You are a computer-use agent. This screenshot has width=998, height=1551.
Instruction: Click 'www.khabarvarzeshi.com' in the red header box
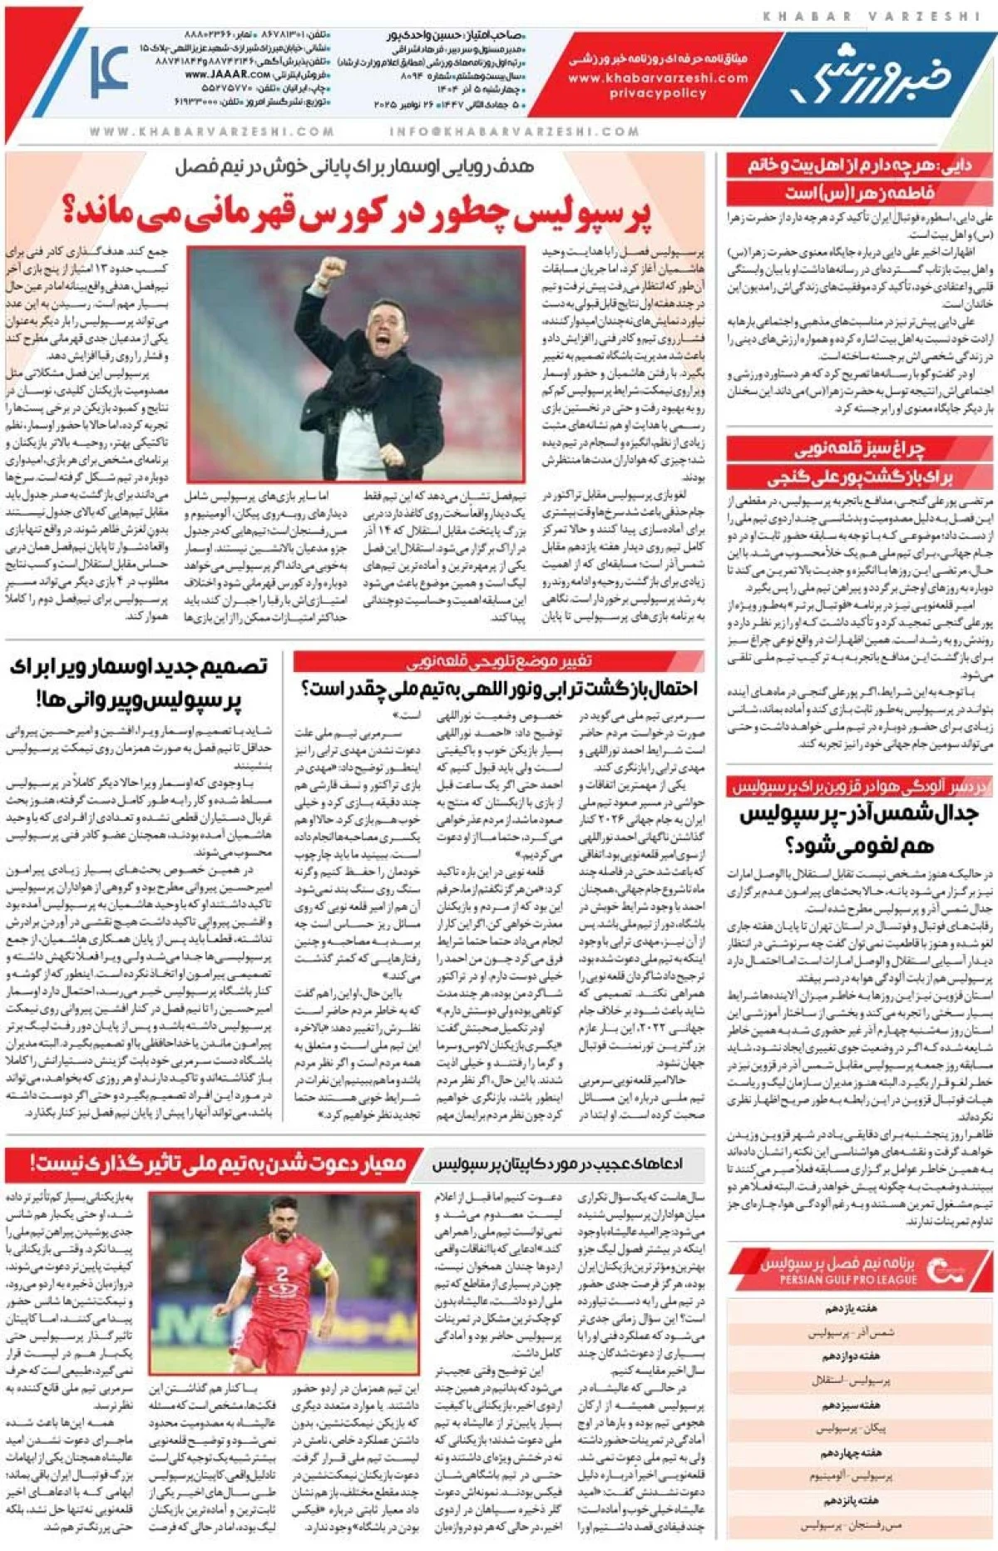[658, 77]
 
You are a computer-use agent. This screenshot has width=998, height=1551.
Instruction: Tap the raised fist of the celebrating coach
[333, 268]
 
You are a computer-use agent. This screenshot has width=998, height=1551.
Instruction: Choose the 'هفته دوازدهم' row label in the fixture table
[852, 1356]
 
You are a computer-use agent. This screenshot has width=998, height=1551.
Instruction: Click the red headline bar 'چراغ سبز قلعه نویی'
[859, 450]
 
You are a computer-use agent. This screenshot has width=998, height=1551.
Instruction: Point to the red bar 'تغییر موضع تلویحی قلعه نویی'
[499, 661]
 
